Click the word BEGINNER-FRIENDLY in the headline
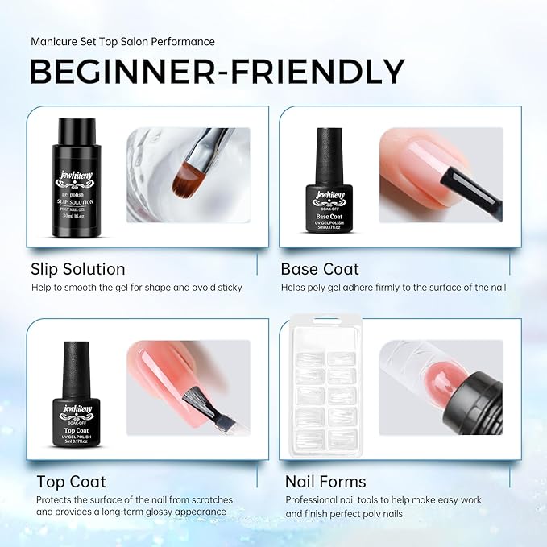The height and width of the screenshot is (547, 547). point(218,72)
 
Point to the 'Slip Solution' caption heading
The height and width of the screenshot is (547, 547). point(78,268)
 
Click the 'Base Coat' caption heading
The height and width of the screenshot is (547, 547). point(320,268)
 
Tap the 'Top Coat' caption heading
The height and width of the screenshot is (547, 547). point(71,482)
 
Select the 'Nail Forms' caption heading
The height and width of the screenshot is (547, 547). point(325,482)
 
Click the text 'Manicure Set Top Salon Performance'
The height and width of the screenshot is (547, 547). point(122,41)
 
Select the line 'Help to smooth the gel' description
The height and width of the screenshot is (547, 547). point(137,288)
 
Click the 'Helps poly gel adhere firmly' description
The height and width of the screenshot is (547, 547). point(393,288)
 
